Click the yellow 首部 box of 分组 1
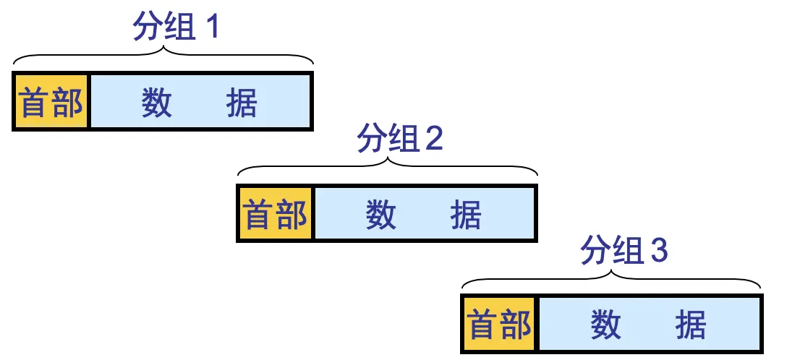coord(51,101)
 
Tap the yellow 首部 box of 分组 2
coord(276,214)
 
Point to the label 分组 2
coord(399,139)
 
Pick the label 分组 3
coord(624,251)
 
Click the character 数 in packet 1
coord(156,102)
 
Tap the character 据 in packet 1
coord(242,102)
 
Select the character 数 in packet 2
coord(380,214)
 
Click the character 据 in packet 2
coord(466,214)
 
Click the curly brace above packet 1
coord(164,54)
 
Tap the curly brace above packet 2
coord(388,166)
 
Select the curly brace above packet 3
coord(613,278)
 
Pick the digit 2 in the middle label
coord(434,140)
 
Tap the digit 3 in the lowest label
coord(658,252)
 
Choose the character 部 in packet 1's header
coord(69,102)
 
